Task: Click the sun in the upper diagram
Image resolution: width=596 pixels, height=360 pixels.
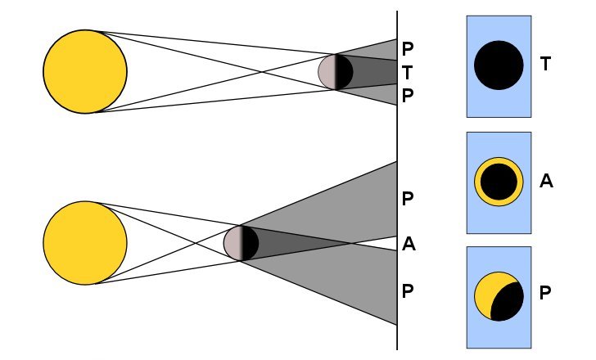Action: (85, 71)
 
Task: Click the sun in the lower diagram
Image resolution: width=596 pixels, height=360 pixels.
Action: (85, 243)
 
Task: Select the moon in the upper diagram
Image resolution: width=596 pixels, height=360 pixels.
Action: (336, 72)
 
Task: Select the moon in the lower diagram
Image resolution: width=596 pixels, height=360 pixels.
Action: (241, 243)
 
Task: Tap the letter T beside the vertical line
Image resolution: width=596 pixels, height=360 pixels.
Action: (407, 72)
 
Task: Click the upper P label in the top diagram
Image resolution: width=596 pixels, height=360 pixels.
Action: (407, 48)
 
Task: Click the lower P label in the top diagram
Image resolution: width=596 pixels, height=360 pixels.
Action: (407, 96)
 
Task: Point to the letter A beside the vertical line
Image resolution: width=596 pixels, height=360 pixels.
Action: (409, 244)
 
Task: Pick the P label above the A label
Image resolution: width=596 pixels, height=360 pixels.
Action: (407, 199)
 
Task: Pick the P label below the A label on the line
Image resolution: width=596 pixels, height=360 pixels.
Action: (407, 291)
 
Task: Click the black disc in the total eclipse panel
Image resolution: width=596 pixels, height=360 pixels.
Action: (499, 65)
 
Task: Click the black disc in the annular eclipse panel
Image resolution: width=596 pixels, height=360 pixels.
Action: (499, 182)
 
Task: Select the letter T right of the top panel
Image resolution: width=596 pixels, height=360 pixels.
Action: (545, 64)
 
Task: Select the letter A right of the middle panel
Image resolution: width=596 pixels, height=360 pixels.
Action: (546, 181)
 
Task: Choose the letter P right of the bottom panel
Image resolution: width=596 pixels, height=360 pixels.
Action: (545, 293)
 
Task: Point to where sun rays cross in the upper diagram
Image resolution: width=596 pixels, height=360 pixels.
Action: (262, 72)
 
